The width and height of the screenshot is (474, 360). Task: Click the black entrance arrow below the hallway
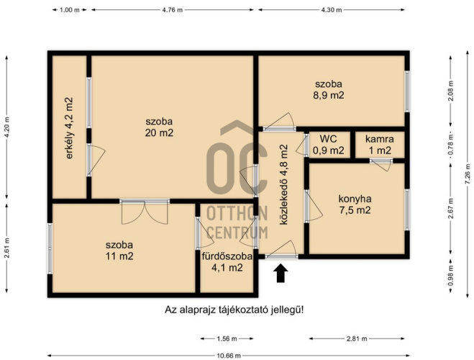coord(281,274)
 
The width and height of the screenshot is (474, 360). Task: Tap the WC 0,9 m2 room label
coord(328,145)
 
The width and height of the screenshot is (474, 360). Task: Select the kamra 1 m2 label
coord(380,145)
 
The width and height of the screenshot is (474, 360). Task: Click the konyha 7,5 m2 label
coord(355,204)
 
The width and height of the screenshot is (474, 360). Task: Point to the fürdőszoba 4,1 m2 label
coord(227,262)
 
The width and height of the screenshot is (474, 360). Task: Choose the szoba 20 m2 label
coord(159,127)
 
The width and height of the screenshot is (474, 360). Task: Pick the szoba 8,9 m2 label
coord(328,89)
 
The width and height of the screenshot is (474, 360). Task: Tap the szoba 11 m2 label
coord(119,251)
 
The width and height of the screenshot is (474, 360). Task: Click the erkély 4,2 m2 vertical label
coord(69,128)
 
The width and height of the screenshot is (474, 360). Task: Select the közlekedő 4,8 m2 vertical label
coord(283,185)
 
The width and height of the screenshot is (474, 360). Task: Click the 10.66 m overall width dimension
coord(229,356)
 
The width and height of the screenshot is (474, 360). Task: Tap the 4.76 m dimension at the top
coord(173,9)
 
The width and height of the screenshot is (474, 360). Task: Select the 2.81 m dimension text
coord(357,339)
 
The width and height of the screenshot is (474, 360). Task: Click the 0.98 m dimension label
coord(451,275)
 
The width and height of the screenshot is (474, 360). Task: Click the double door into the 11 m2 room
coord(145,212)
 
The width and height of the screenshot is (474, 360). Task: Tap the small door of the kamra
coord(381,164)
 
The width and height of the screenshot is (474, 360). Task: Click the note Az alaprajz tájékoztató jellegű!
coord(234,310)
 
